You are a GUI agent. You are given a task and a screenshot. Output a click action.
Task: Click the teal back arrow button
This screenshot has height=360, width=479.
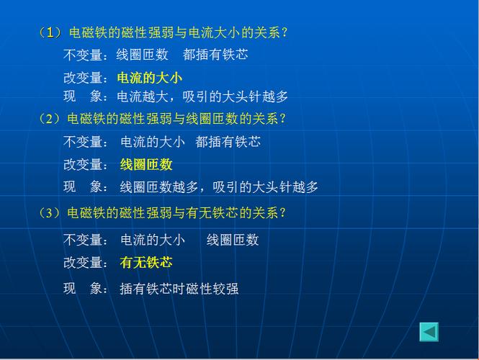click(x=429, y=332)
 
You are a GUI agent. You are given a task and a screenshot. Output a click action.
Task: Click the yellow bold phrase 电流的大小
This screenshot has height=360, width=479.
click(x=150, y=78)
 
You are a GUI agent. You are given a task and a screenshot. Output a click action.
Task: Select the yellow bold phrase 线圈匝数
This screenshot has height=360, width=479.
click(x=146, y=165)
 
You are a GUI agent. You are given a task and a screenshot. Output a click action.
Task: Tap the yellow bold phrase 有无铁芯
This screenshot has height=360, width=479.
click(x=146, y=262)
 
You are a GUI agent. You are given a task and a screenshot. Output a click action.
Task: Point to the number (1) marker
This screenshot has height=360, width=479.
click(x=50, y=32)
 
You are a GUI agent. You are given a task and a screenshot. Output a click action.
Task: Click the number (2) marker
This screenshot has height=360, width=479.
click(x=50, y=119)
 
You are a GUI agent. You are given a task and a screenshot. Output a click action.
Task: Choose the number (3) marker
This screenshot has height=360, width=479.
click(x=50, y=213)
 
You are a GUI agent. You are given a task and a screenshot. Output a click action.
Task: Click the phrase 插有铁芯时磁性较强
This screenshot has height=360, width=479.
click(x=179, y=289)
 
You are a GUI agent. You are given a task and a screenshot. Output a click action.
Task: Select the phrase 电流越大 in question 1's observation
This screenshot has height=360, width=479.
click(x=143, y=96)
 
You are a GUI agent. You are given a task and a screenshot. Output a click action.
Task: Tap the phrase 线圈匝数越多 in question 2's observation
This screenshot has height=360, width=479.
click(x=159, y=187)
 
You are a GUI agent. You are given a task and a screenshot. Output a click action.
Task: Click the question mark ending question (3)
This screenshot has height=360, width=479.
click(x=282, y=213)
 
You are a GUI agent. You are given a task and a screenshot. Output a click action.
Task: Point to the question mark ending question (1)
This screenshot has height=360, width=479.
click(x=285, y=32)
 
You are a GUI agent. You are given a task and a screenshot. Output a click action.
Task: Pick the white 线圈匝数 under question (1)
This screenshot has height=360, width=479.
click(x=142, y=55)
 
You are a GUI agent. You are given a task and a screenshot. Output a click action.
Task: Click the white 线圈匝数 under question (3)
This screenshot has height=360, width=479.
click(x=233, y=240)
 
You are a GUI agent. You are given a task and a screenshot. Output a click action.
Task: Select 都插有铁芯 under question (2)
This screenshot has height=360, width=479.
click(x=228, y=142)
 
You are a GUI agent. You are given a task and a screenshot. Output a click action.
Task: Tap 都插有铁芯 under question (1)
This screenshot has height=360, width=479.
click(x=215, y=55)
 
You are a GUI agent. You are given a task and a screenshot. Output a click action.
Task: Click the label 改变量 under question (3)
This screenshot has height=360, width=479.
click(x=83, y=262)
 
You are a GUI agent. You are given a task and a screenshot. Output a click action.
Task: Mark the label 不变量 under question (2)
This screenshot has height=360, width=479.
click(x=83, y=142)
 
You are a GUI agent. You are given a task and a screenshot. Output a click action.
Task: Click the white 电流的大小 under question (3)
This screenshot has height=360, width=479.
click(x=153, y=240)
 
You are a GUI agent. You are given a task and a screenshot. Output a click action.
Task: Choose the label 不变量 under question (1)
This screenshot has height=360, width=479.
click(x=83, y=55)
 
